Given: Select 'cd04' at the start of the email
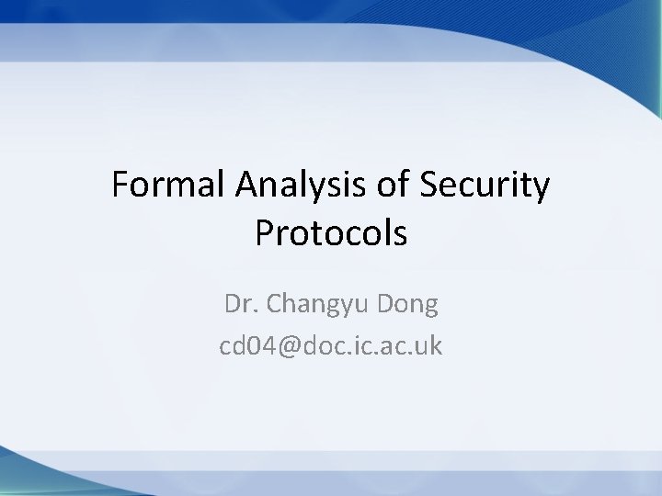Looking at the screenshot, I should pos(245,346).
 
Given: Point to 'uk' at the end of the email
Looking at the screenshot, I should pos(429,346).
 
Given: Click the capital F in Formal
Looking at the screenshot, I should pos(120,186).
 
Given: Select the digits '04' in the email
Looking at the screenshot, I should pos(258,346).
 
